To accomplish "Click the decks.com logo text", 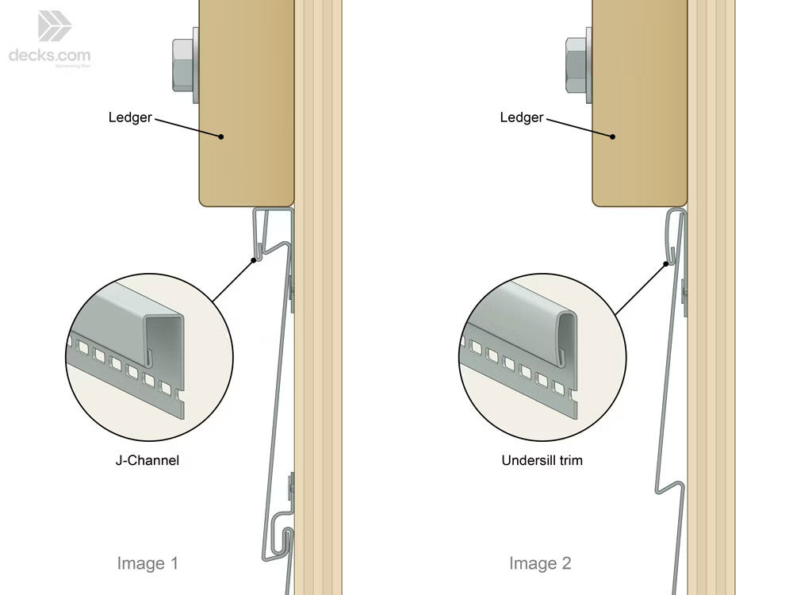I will [49, 56].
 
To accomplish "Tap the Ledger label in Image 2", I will [522, 117].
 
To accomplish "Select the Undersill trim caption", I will [542, 459].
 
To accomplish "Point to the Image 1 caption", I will [147, 563].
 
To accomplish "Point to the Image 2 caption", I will [540, 563].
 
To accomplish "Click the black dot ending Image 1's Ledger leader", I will [222, 136].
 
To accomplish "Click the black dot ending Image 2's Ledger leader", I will [614, 136].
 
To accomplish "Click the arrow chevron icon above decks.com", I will [55, 25].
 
